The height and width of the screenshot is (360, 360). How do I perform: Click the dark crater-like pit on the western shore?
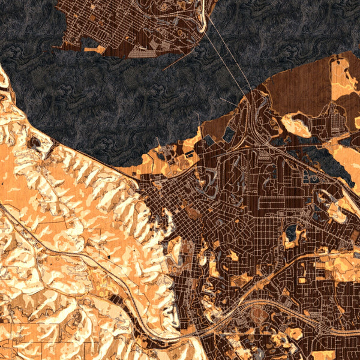tap(34, 143)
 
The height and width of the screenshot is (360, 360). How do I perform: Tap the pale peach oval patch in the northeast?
tap(296, 125)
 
